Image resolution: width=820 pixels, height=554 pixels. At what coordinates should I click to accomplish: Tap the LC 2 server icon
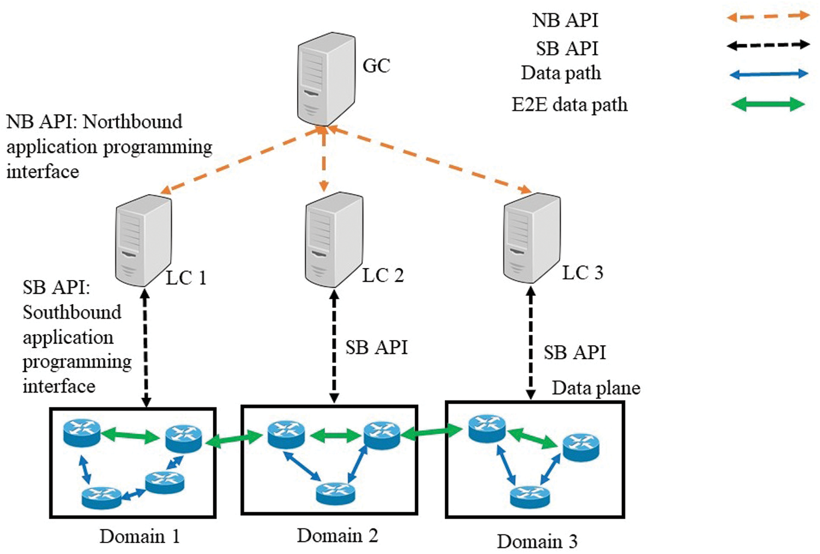pyautogui.click(x=334, y=239)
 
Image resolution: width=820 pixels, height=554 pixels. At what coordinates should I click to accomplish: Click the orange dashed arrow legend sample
pyautogui.click(x=768, y=16)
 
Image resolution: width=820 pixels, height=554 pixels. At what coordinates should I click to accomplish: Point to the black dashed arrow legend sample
pyautogui.click(x=768, y=45)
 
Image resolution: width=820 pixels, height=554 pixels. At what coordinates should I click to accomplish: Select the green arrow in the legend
pyautogui.click(x=768, y=104)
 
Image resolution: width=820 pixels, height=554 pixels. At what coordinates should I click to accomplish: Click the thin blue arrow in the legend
pyautogui.click(x=768, y=74)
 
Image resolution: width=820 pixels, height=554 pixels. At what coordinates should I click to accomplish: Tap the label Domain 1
pyautogui.click(x=139, y=536)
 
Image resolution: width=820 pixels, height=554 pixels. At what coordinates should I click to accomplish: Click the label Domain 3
pyautogui.click(x=537, y=541)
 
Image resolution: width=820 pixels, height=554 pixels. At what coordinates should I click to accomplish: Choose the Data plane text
pyautogui.click(x=596, y=388)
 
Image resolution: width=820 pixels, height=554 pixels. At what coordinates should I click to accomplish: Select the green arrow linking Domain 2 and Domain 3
pyautogui.click(x=432, y=432)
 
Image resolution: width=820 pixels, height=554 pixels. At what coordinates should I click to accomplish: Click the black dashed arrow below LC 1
pyautogui.click(x=146, y=347)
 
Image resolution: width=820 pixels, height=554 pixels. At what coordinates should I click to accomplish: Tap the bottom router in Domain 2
pyautogui.click(x=335, y=492)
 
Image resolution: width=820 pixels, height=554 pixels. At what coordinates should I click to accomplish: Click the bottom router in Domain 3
pyautogui.click(x=530, y=496)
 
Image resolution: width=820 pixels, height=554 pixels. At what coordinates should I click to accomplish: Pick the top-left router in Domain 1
pyautogui.click(x=82, y=432)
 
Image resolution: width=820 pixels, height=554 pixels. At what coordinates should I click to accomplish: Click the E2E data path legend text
pyautogui.click(x=569, y=104)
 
